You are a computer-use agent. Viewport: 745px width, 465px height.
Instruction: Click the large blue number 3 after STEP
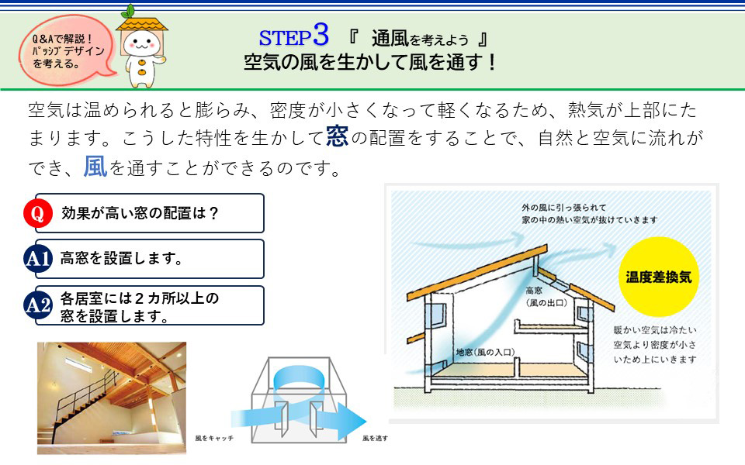(321, 34)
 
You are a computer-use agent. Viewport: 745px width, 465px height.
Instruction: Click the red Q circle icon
(37, 213)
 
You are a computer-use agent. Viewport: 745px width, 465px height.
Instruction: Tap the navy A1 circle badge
(37, 259)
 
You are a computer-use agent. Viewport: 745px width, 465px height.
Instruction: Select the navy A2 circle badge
(37, 305)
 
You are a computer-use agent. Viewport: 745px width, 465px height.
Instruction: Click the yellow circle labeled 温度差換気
(659, 277)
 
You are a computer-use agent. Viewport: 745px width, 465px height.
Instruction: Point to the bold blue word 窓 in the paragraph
(338, 136)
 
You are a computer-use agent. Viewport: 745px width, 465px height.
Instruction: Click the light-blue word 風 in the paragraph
(95, 167)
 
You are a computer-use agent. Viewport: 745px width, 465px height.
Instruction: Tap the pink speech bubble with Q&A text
(67, 50)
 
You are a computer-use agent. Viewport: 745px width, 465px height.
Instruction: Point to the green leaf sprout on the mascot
(128, 10)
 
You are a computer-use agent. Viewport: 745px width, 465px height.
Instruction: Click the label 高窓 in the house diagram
(534, 291)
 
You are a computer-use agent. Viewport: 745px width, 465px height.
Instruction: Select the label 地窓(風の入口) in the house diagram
(485, 352)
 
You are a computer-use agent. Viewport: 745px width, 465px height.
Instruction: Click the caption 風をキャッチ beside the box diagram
(214, 438)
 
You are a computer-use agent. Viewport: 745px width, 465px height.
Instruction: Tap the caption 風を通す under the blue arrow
(375, 438)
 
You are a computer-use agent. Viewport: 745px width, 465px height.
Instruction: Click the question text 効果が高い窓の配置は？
(140, 213)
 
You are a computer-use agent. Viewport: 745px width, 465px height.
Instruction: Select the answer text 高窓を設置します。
(121, 259)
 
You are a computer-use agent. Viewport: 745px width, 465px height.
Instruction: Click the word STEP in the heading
(285, 38)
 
